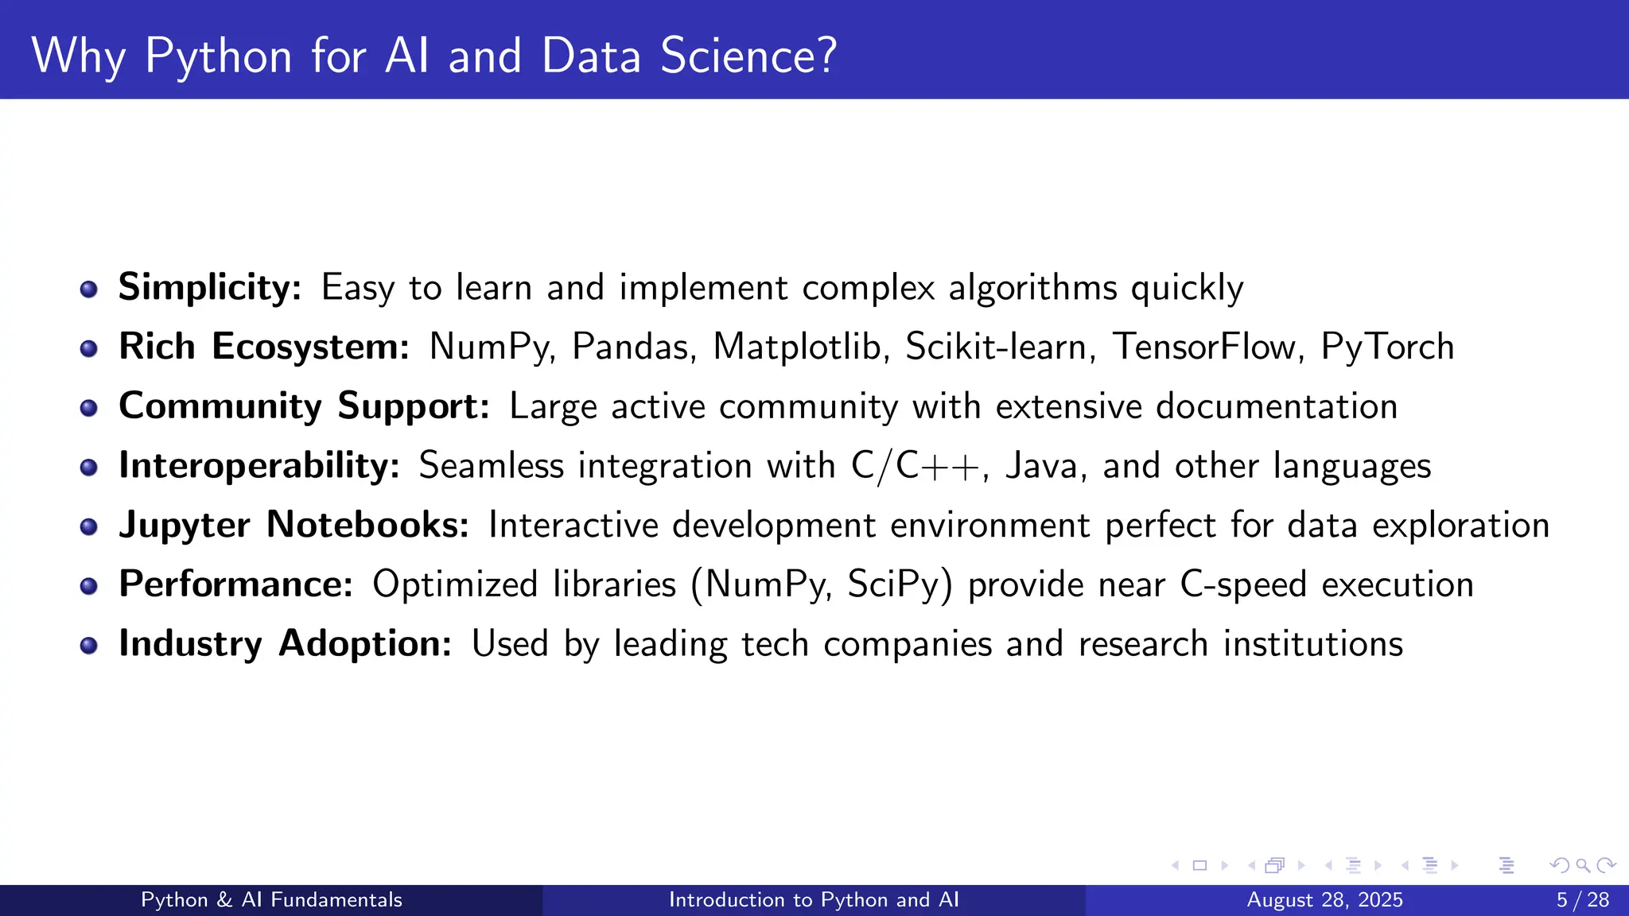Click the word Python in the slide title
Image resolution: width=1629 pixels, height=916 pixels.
coord(219,57)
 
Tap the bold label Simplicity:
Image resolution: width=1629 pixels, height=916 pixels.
coord(210,287)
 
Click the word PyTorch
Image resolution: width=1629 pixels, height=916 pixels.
coord(1387,347)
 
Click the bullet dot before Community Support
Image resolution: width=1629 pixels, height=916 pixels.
coord(89,407)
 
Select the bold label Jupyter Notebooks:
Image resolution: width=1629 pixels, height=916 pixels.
coord(294,525)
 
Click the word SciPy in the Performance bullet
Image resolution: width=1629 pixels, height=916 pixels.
coord(899,584)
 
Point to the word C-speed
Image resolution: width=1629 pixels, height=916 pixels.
coord(1242,584)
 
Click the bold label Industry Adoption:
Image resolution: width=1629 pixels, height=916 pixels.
coord(285,643)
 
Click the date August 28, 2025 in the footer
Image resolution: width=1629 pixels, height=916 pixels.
coord(1324,900)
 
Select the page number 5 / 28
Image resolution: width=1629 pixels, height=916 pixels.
coord(1582,900)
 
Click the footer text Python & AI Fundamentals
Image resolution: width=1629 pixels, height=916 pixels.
coord(271,900)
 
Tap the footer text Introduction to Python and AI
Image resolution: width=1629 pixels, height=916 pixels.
coord(814,900)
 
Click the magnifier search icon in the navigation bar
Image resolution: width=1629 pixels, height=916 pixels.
coord(1583,865)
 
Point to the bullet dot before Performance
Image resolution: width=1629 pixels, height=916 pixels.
coord(89,586)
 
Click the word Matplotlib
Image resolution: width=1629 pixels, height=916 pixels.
coord(801,347)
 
